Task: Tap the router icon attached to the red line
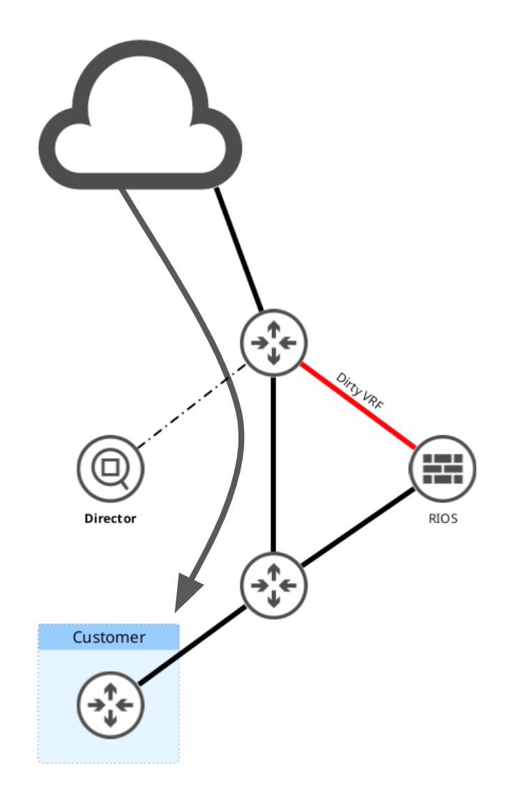tap(273, 342)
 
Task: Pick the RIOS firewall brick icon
tap(442, 467)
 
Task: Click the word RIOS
tap(443, 518)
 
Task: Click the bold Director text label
tap(110, 518)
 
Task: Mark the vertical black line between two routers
tap(273, 460)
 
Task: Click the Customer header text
tap(109, 637)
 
